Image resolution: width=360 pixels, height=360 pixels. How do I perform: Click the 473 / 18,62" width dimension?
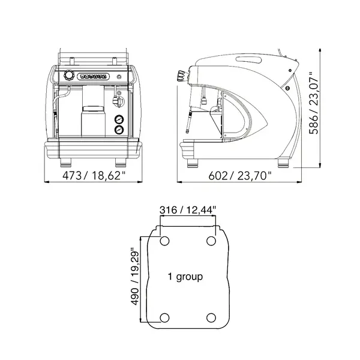pos(94,176)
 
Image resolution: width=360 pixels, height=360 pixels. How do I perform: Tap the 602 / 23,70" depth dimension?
pos(239,176)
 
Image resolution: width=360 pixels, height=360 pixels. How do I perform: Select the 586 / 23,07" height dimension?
pos(314,103)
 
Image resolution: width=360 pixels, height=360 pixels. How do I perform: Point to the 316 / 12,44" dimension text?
pos(188,210)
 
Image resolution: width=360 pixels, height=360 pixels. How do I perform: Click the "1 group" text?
pos(185,277)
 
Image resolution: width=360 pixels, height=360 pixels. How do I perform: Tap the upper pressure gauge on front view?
pos(119,119)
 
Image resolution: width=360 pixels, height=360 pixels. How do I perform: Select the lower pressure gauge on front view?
pos(119,130)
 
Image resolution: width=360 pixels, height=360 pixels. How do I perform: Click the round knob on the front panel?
pos(69,75)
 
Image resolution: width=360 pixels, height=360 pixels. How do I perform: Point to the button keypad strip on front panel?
pos(93,76)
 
